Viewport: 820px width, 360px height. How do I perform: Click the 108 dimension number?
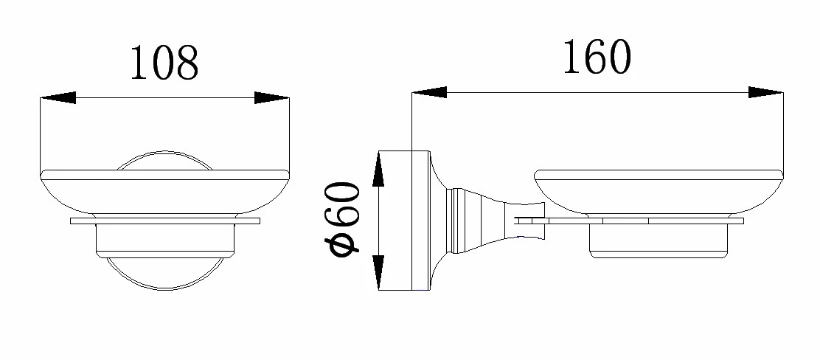click(164, 63)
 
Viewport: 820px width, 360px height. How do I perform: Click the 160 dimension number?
click(597, 57)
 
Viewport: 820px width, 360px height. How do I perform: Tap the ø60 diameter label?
click(343, 218)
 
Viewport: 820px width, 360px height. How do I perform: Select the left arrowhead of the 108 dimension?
click(58, 98)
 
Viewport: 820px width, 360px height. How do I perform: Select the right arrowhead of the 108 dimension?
click(272, 98)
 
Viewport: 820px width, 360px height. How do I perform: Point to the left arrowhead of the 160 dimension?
click(429, 93)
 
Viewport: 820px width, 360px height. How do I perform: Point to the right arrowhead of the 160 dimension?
click(765, 93)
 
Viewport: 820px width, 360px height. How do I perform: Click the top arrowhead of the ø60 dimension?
click(378, 168)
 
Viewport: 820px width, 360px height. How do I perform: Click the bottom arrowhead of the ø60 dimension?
click(378, 273)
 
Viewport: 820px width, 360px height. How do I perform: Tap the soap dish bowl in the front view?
click(164, 193)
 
